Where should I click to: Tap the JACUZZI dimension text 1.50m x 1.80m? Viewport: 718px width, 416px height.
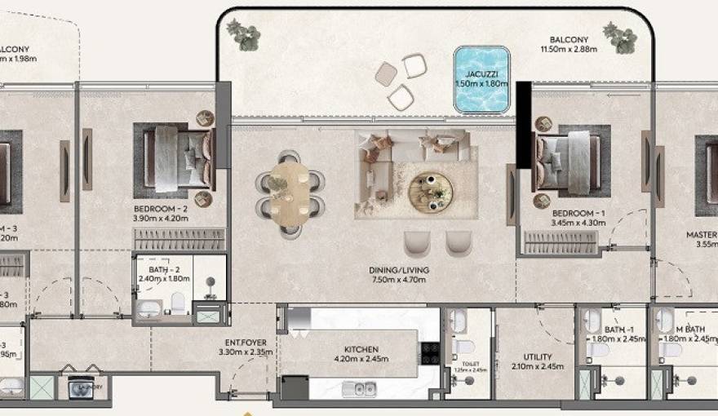[x=481, y=83]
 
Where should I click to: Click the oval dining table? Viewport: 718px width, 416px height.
[x=290, y=194]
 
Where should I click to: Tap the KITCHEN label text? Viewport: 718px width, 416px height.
[x=361, y=350]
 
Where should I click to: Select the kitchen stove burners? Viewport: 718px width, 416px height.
[x=430, y=352]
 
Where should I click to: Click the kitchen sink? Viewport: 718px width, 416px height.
[x=359, y=388]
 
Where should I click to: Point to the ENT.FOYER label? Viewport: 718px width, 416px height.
[x=245, y=343]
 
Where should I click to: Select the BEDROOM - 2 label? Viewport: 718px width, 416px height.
[x=161, y=209]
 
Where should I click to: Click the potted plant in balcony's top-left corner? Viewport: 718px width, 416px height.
[x=243, y=34]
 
